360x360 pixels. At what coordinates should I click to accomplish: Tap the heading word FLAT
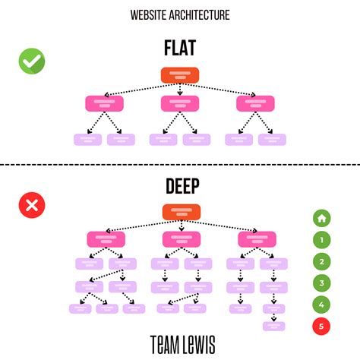click(x=179, y=47)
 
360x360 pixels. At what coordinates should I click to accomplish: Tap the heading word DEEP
click(x=179, y=187)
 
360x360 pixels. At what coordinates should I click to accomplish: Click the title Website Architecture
click(x=180, y=14)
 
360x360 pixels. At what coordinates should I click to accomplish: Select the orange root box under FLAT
click(x=180, y=75)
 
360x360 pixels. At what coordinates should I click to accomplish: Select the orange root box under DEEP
click(x=180, y=213)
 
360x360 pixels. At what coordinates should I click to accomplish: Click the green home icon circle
click(x=322, y=219)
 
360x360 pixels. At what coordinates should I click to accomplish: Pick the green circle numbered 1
click(x=322, y=240)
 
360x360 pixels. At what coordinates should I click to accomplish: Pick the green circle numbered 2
click(x=322, y=262)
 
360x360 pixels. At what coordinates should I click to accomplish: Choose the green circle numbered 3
click(x=322, y=283)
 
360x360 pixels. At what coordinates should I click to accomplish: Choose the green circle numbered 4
click(x=322, y=305)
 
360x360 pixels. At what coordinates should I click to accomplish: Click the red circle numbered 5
click(x=322, y=327)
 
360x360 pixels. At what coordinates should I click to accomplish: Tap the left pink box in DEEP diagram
click(x=106, y=239)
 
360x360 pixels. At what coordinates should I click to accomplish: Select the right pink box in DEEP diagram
click(x=257, y=239)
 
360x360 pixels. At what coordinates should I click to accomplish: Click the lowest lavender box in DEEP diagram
click(x=274, y=326)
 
